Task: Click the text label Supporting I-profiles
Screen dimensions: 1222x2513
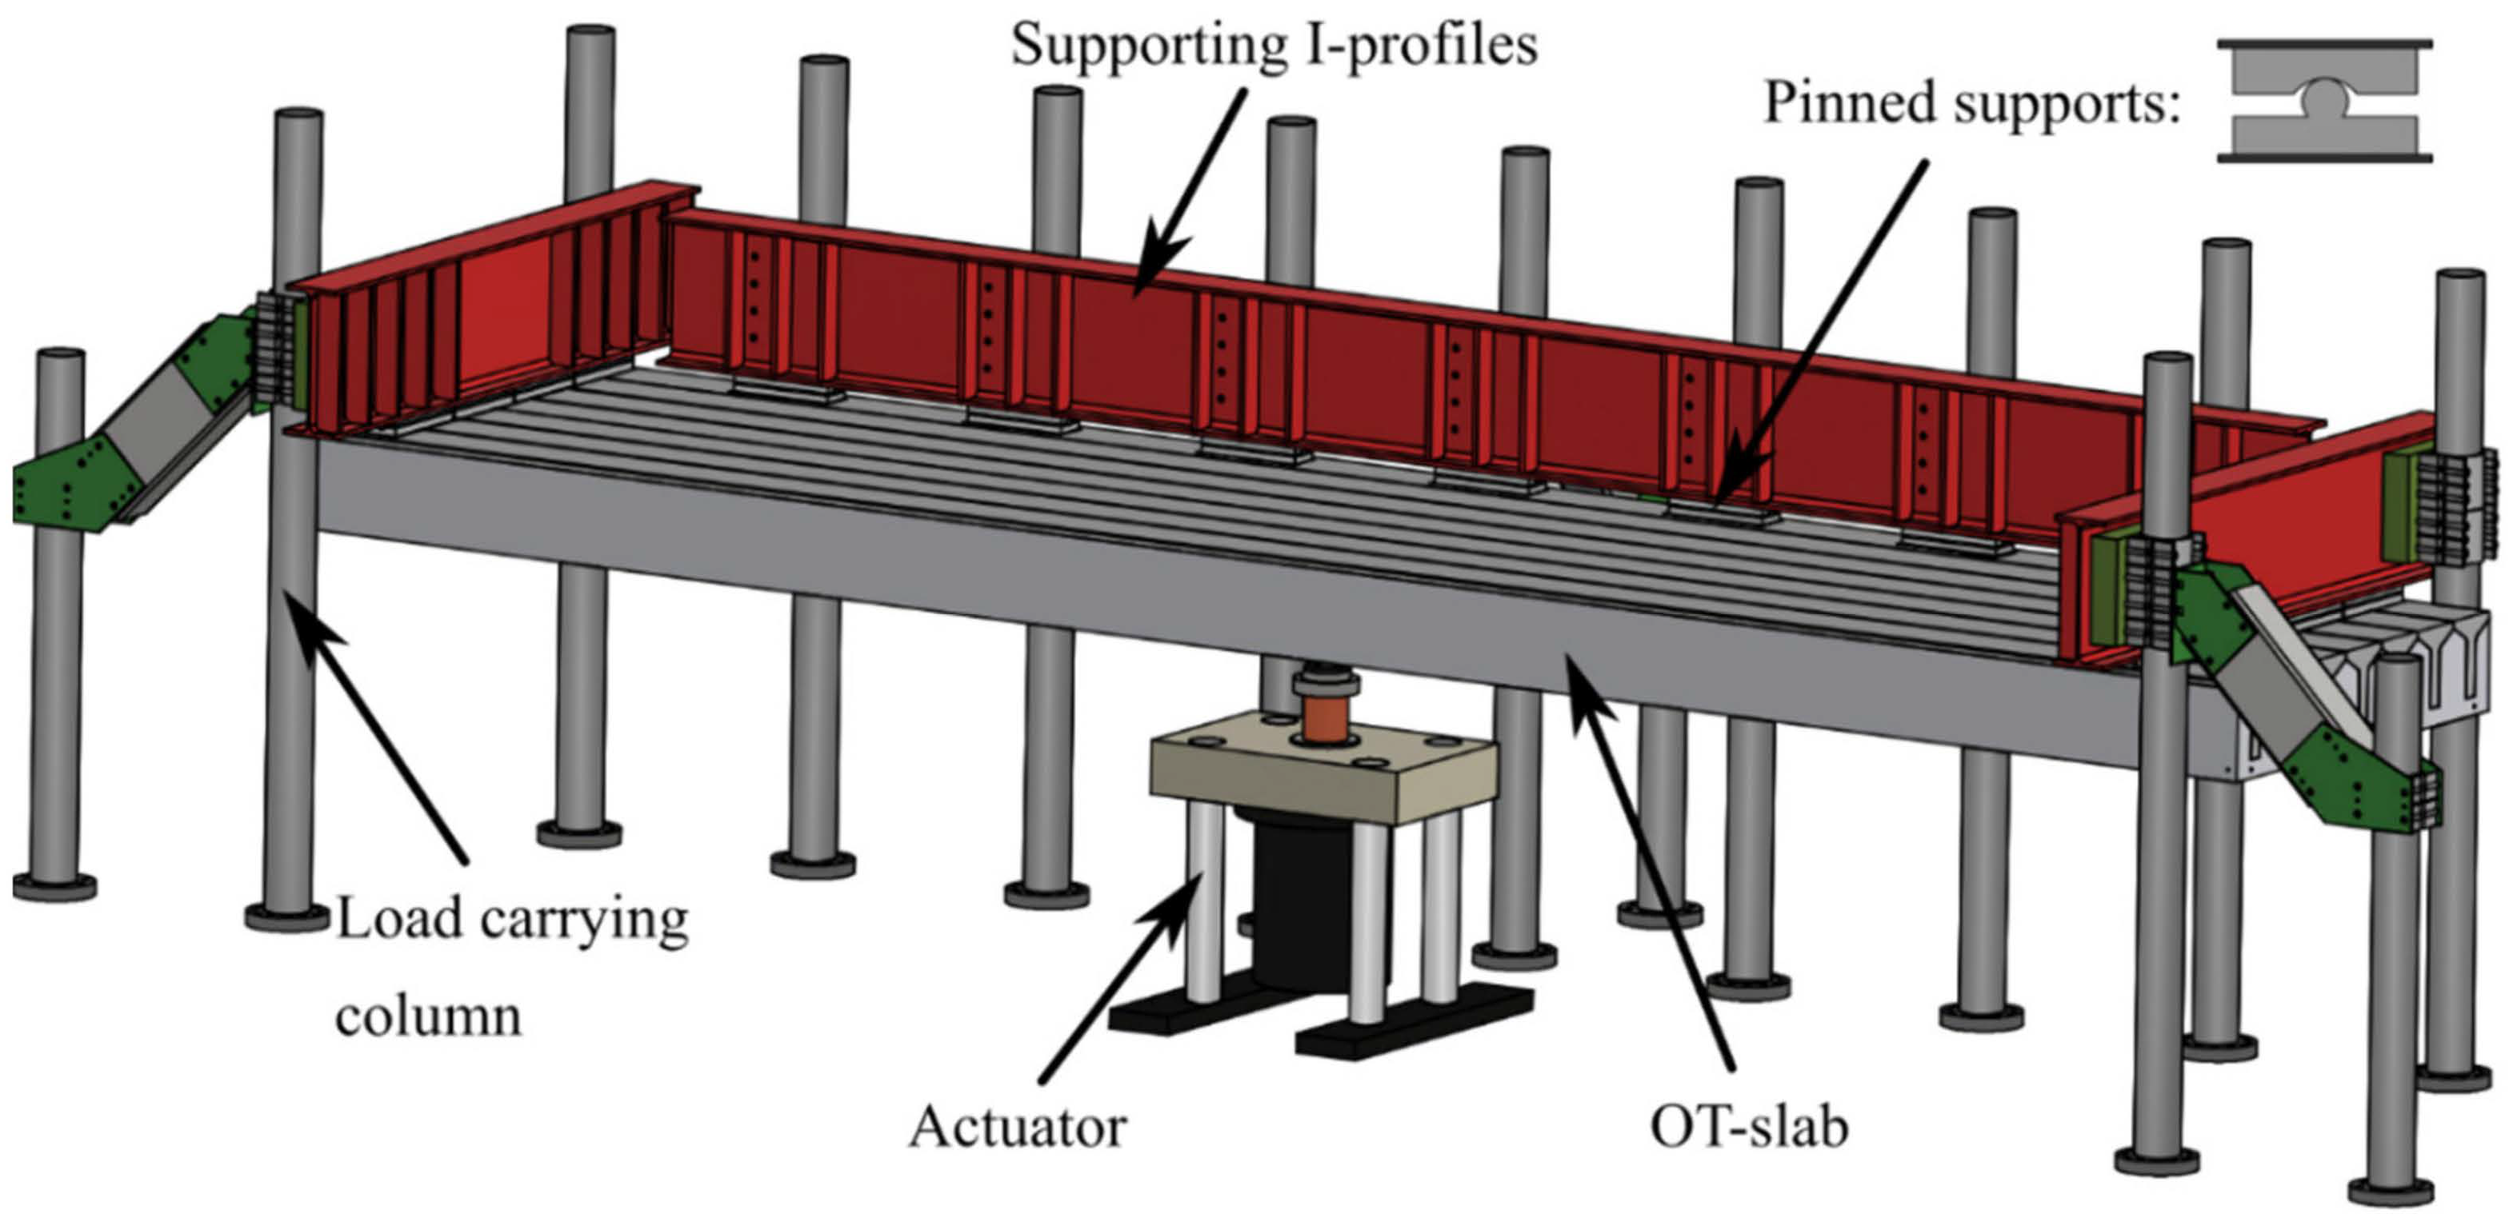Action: pos(1273,46)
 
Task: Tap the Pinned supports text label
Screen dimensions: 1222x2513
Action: pos(1971,103)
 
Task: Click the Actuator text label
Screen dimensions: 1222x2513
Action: pos(1018,1128)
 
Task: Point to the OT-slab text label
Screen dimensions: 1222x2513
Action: pos(1749,1128)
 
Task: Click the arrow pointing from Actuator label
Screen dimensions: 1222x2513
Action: pos(1122,975)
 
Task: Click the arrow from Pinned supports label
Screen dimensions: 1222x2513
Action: pos(1815,332)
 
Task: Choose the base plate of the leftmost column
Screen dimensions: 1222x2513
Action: pos(54,887)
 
